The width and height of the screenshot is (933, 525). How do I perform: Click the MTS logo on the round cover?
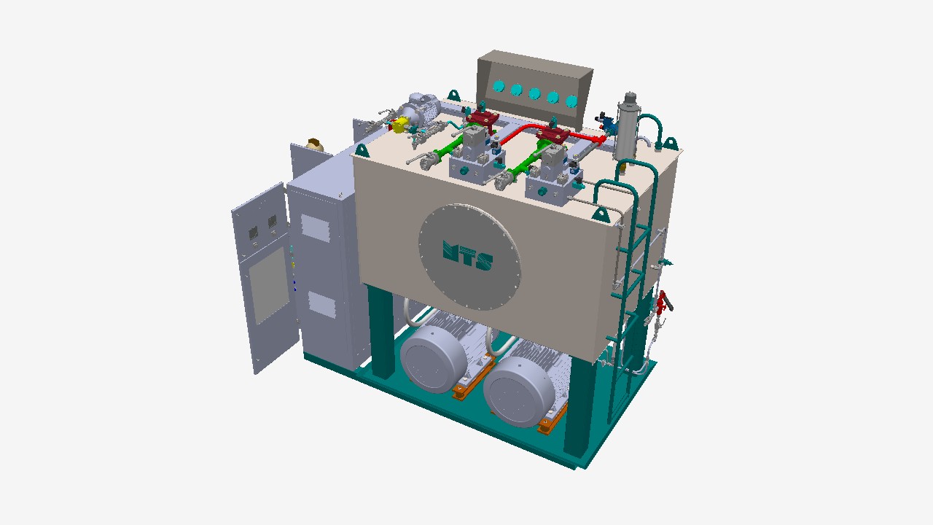coord(467,255)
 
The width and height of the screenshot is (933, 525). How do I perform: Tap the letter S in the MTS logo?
coord(485,261)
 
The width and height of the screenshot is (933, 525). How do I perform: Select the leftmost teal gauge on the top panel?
coord(499,86)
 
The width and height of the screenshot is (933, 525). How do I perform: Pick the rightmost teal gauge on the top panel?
coord(571,101)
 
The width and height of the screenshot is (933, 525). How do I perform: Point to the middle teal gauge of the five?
coord(535,93)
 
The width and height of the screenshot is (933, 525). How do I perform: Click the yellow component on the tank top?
coord(401,125)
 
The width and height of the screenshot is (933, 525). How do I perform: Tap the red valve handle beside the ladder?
coord(663,302)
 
